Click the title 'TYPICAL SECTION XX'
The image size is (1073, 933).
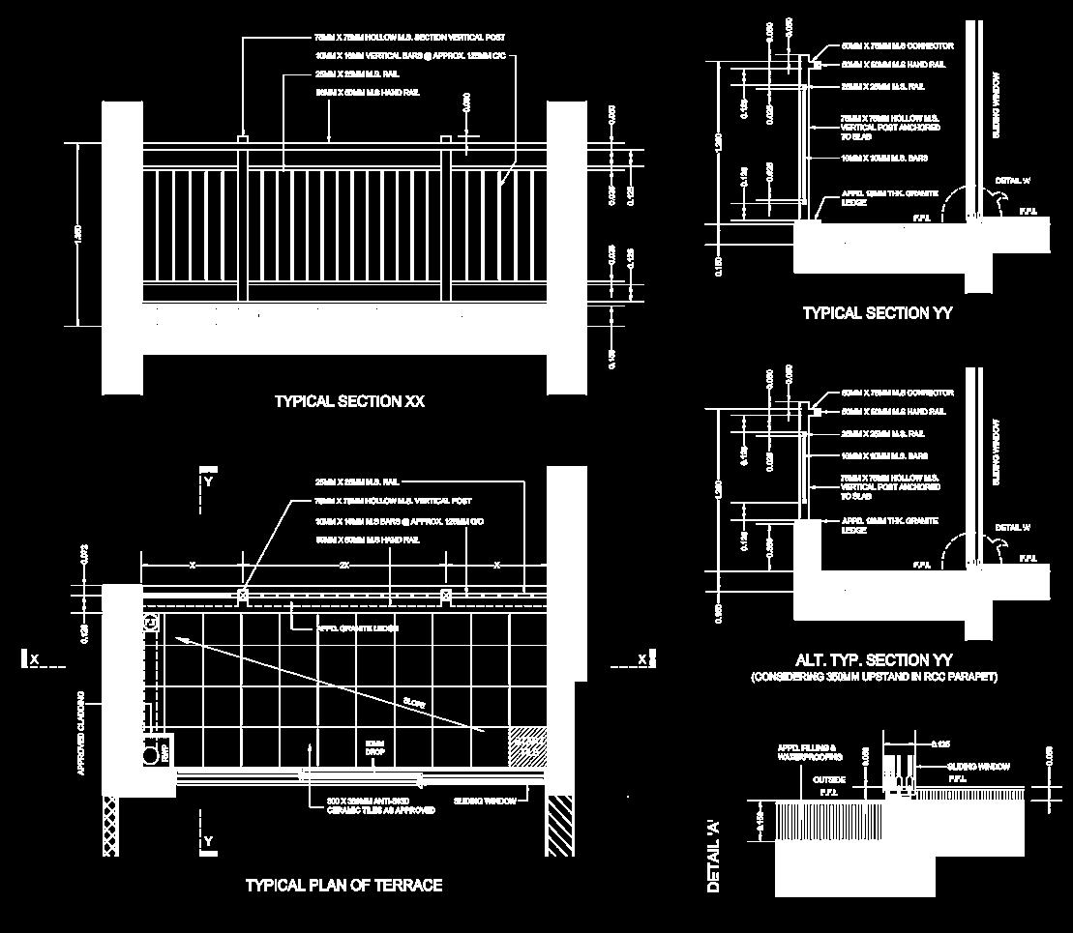(x=349, y=401)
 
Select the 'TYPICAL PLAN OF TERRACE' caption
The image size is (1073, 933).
(x=343, y=885)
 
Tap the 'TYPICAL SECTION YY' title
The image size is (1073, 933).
(x=878, y=313)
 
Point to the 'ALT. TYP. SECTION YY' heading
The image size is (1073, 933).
(x=874, y=660)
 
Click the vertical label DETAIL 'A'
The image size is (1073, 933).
(x=714, y=855)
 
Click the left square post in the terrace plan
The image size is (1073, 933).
(x=242, y=595)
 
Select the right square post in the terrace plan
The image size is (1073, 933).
(x=445, y=595)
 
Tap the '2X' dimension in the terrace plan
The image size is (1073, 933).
(x=343, y=565)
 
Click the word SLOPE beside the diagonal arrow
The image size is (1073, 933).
(x=414, y=703)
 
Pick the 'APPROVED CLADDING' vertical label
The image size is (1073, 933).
(x=82, y=732)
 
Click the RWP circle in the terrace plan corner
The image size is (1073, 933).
(x=150, y=752)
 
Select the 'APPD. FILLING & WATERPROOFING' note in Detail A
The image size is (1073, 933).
(x=804, y=752)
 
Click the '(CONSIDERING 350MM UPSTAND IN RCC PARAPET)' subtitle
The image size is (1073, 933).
(x=874, y=677)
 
